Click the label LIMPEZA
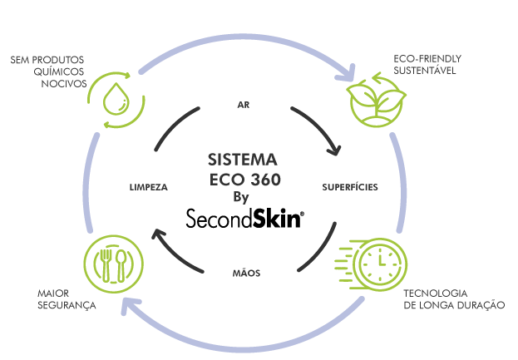149,187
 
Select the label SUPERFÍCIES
350,187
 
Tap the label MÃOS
242,272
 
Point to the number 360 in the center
262,180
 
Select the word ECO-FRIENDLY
427,59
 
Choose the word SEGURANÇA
68,305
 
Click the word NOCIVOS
62,83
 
